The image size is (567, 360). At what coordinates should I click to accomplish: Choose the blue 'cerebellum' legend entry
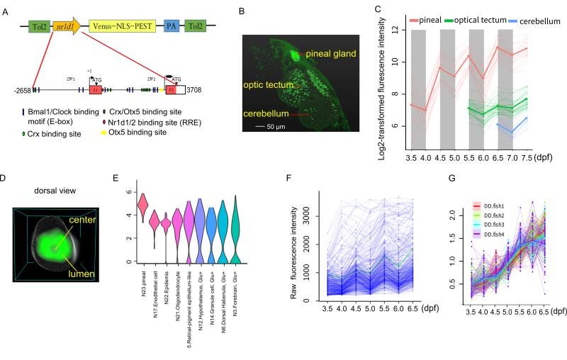point(537,21)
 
